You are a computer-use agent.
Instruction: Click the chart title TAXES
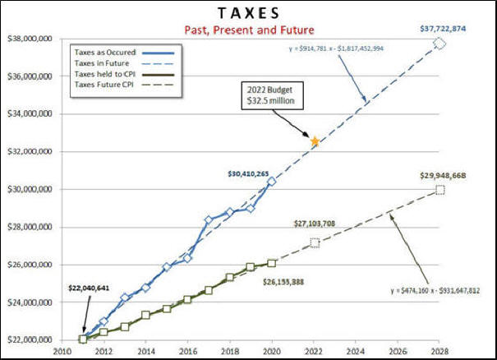[x=247, y=14]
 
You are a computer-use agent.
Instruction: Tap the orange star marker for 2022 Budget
[x=315, y=141]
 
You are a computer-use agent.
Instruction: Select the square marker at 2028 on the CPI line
[x=440, y=190]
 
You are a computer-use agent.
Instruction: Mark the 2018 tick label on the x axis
[x=229, y=349]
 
